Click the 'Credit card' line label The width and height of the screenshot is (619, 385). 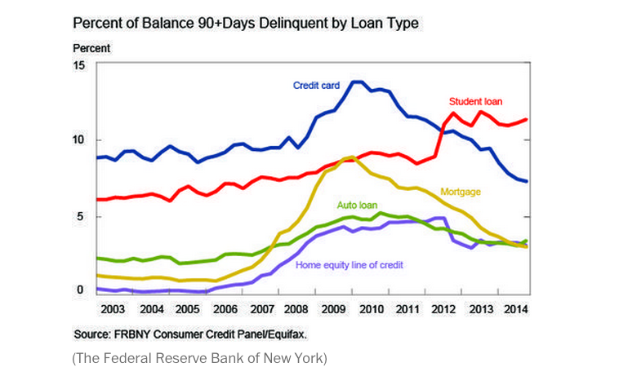(x=318, y=85)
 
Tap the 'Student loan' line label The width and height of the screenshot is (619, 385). (x=475, y=102)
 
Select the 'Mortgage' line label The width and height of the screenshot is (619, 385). (x=461, y=192)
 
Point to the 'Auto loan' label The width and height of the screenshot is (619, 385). (x=358, y=205)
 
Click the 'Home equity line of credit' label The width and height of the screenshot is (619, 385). (x=350, y=264)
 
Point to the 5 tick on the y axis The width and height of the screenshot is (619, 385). (x=81, y=216)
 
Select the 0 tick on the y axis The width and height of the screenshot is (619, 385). (x=81, y=290)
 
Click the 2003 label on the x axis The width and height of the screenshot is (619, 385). (x=114, y=310)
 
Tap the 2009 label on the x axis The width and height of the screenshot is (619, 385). (x=335, y=310)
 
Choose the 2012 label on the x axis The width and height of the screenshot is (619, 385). (x=443, y=310)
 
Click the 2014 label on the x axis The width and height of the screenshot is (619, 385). (x=516, y=310)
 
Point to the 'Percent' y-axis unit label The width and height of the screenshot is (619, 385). (x=91, y=48)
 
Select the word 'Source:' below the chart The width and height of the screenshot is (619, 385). (x=92, y=334)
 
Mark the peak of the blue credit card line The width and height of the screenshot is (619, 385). (x=358, y=82)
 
